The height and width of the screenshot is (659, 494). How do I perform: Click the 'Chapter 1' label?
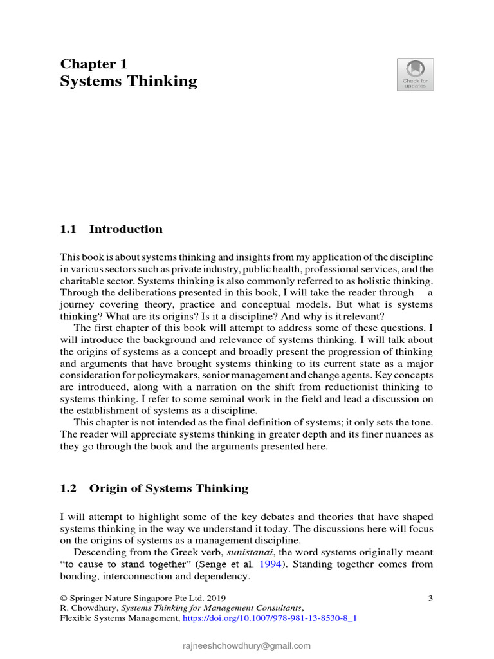click(94, 64)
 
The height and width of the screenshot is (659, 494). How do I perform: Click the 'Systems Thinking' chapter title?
click(129, 81)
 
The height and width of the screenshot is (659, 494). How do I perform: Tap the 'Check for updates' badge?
click(415, 74)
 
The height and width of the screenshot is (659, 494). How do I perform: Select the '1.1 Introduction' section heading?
click(111, 229)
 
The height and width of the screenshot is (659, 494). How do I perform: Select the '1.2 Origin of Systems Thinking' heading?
click(154, 488)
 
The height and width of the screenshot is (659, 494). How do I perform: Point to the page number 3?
click(430, 598)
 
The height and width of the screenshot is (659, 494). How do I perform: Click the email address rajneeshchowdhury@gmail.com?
click(246, 645)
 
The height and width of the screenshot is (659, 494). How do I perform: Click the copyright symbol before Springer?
click(63, 598)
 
